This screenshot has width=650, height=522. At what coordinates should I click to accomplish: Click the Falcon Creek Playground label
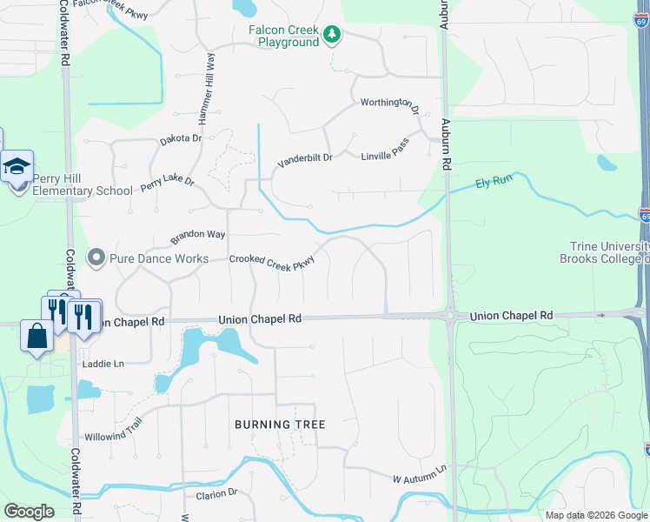283,36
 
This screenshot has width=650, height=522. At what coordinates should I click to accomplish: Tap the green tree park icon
331,35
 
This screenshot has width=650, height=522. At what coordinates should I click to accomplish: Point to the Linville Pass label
385,153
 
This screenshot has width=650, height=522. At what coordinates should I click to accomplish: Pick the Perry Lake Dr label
167,184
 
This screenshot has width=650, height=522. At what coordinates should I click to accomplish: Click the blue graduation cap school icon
17,166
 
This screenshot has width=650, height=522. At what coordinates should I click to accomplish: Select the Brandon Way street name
197,236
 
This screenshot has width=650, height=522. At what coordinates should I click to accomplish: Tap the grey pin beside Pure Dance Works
96,258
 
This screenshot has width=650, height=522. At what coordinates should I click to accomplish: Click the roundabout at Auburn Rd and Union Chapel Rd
449,315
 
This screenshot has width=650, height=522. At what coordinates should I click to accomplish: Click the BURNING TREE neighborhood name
280,425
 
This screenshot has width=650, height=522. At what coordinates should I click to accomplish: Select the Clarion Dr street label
216,493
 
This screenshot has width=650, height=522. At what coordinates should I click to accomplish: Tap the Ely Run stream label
494,183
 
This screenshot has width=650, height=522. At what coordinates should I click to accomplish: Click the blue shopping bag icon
36,335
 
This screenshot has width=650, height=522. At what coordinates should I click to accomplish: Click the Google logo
30,511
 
